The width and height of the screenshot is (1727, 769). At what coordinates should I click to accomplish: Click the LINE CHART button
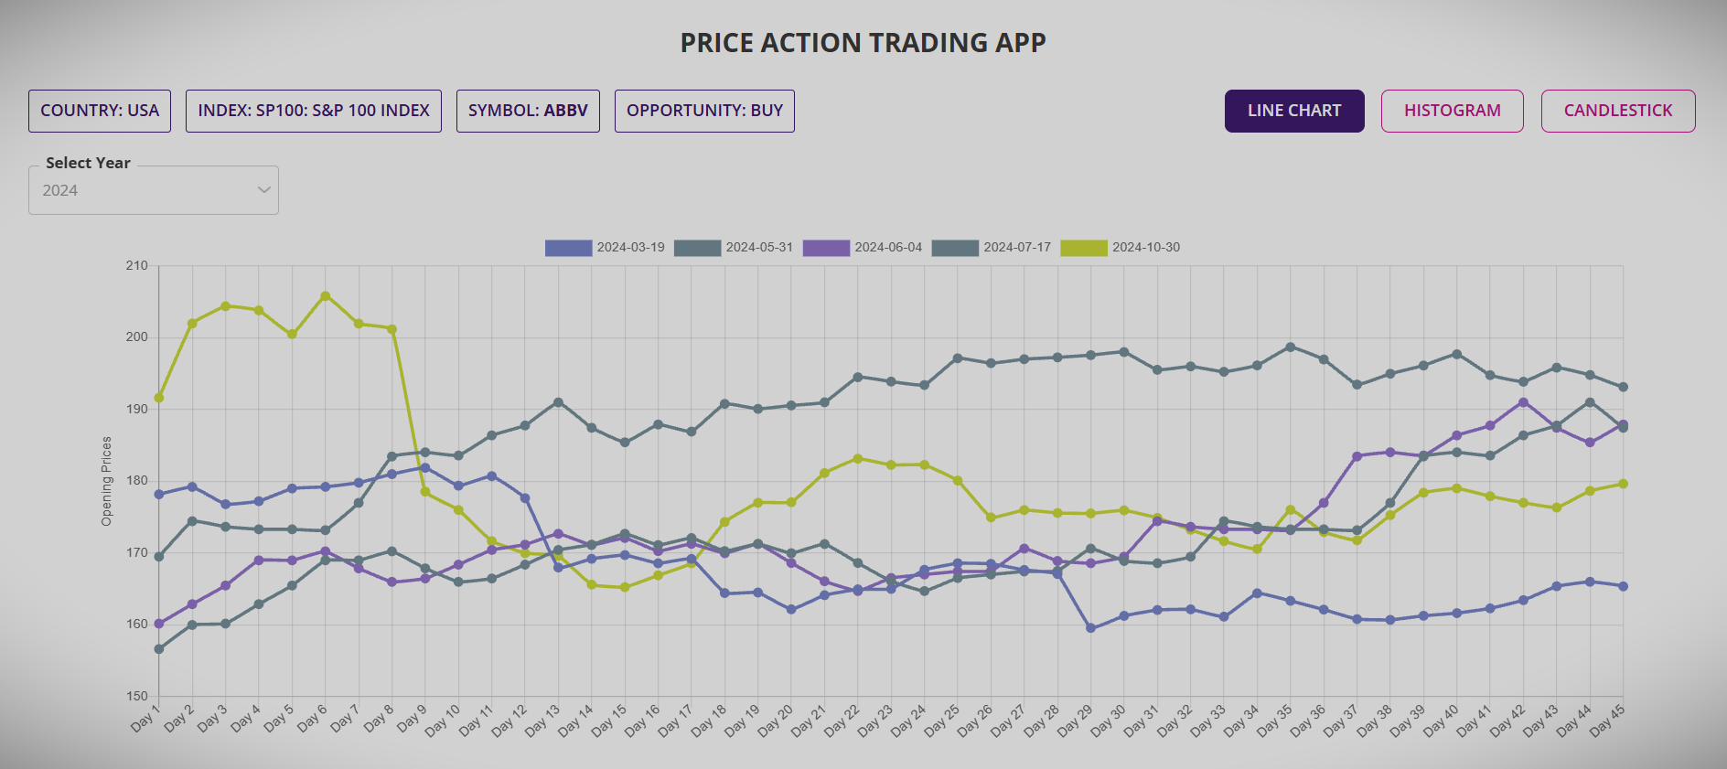[1293, 111]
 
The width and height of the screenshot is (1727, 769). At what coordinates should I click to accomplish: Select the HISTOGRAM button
[1452, 111]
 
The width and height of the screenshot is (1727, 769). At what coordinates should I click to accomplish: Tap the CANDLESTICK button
[1617, 111]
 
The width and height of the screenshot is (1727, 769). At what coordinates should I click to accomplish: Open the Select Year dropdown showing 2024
[154, 190]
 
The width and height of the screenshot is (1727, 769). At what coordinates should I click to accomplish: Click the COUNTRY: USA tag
[100, 111]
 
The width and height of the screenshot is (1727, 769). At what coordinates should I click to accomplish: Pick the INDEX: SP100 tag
[313, 111]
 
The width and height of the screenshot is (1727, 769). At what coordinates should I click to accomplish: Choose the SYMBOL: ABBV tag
[528, 111]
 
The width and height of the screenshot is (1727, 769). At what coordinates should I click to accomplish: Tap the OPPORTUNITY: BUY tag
[704, 111]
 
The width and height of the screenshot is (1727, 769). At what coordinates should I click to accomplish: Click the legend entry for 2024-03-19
[605, 248]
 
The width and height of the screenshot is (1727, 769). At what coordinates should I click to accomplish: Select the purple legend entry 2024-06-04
[863, 248]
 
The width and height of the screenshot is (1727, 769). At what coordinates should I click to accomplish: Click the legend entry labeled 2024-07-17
[992, 248]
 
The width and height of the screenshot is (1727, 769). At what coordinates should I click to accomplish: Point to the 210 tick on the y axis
[136, 266]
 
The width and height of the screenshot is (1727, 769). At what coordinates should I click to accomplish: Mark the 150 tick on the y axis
[136, 696]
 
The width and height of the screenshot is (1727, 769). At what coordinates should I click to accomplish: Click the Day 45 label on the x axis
[1607, 721]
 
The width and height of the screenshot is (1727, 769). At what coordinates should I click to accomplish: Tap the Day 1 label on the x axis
[145, 718]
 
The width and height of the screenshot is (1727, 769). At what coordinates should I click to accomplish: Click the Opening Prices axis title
[107, 481]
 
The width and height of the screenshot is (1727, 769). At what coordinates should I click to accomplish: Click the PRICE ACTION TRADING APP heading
[863, 43]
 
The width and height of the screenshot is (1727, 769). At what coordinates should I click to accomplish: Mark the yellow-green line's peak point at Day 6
[326, 296]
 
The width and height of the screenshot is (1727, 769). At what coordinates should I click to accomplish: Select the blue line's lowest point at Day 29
[1090, 628]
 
